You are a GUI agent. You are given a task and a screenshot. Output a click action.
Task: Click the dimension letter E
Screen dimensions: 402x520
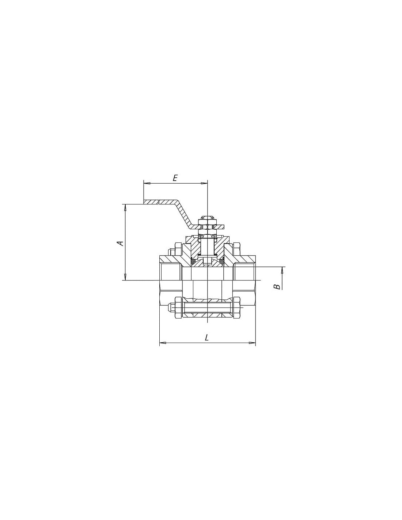(x=175, y=178)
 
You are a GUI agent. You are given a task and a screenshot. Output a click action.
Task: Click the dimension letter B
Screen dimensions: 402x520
(x=277, y=287)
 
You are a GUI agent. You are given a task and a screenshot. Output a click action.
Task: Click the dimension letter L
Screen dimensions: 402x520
(x=207, y=338)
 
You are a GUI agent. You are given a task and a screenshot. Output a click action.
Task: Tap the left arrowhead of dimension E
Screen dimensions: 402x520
(x=147, y=183)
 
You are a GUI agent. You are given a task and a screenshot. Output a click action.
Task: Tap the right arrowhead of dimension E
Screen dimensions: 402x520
(x=204, y=183)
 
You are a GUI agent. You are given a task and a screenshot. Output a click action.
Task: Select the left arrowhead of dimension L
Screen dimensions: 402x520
(x=163, y=343)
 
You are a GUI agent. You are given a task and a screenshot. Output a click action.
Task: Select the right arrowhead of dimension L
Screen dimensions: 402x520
(x=252, y=343)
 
